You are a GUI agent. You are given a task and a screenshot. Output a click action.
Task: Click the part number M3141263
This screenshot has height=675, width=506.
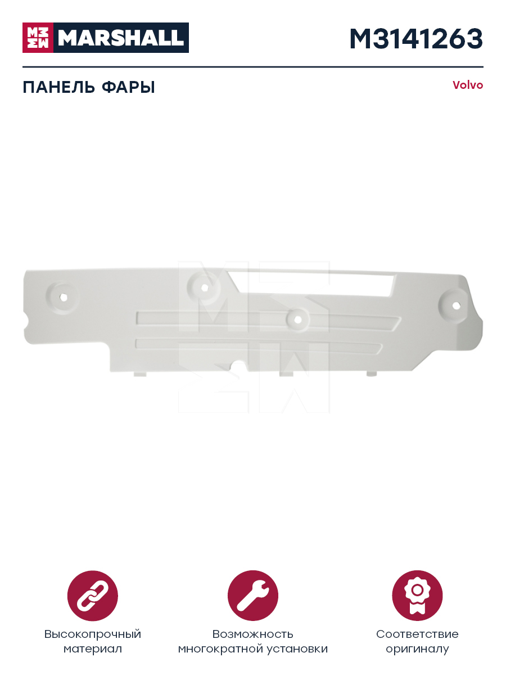416,39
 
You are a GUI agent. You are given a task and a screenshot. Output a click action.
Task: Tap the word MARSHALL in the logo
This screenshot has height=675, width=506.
121,38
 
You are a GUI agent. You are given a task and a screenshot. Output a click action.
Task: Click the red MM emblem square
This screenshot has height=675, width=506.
38,38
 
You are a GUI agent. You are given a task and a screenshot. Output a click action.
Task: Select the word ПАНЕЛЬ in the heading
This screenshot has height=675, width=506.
58,87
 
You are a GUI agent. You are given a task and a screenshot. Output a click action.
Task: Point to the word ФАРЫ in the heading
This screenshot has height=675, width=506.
128,87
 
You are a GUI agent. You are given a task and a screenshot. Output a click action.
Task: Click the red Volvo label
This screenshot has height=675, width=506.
468,85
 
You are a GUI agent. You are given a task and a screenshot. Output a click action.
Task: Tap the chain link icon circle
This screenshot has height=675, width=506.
92,596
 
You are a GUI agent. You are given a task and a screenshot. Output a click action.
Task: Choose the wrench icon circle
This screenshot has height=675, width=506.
253,596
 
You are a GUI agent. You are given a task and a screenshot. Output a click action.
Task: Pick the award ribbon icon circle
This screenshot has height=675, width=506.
417,596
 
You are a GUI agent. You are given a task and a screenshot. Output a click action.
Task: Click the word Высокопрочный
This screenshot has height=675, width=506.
92,634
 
